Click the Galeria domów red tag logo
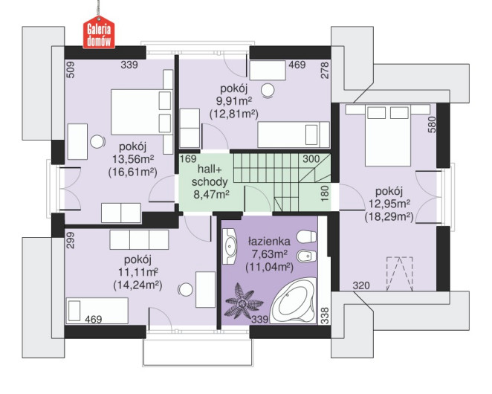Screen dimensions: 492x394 point(99,32)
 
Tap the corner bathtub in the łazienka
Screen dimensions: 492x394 point(292,301)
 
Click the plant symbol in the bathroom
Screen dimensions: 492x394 point(242,301)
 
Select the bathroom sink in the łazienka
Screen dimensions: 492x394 point(230,246)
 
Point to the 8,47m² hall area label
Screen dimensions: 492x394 point(211,195)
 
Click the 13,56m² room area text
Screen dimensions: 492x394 point(133,159)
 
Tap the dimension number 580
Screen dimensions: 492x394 point(432,124)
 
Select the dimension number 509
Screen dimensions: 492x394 point(71,69)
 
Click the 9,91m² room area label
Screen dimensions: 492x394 point(234,101)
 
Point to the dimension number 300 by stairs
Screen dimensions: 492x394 point(311,159)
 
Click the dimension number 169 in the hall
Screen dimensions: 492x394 point(188,159)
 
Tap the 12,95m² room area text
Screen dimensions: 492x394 point(389,204)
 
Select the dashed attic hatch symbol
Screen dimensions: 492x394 point(399,274)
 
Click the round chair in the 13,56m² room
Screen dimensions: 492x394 point(97,141)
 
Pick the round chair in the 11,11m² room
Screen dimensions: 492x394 point(185,290)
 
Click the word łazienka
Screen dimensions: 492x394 point(270,242)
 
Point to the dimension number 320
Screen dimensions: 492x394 point(361,285)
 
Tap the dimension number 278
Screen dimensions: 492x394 point(325,70)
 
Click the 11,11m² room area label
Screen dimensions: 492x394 point(137,272)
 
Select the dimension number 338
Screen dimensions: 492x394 point(325,315)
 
